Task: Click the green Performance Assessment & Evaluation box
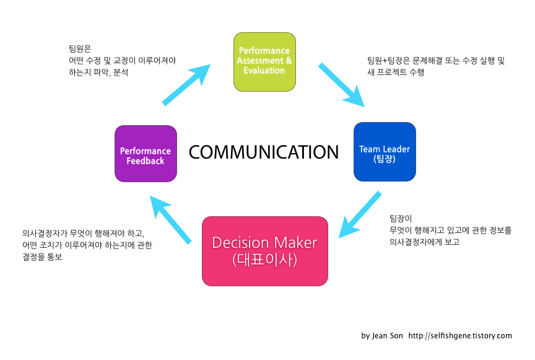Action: point(264,61)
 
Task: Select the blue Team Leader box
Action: point(384,152)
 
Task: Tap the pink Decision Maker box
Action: point(264,251)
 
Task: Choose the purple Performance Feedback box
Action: point(146,154)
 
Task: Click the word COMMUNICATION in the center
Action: point(264,152)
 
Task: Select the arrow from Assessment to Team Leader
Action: point(341,85)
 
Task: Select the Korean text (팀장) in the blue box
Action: point(384,159)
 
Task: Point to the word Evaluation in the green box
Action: point(264,71)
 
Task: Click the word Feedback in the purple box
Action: point(146,161)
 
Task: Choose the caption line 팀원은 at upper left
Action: point(80,48)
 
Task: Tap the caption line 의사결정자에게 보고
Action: point(424,242)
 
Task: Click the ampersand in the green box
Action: point(287,61)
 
